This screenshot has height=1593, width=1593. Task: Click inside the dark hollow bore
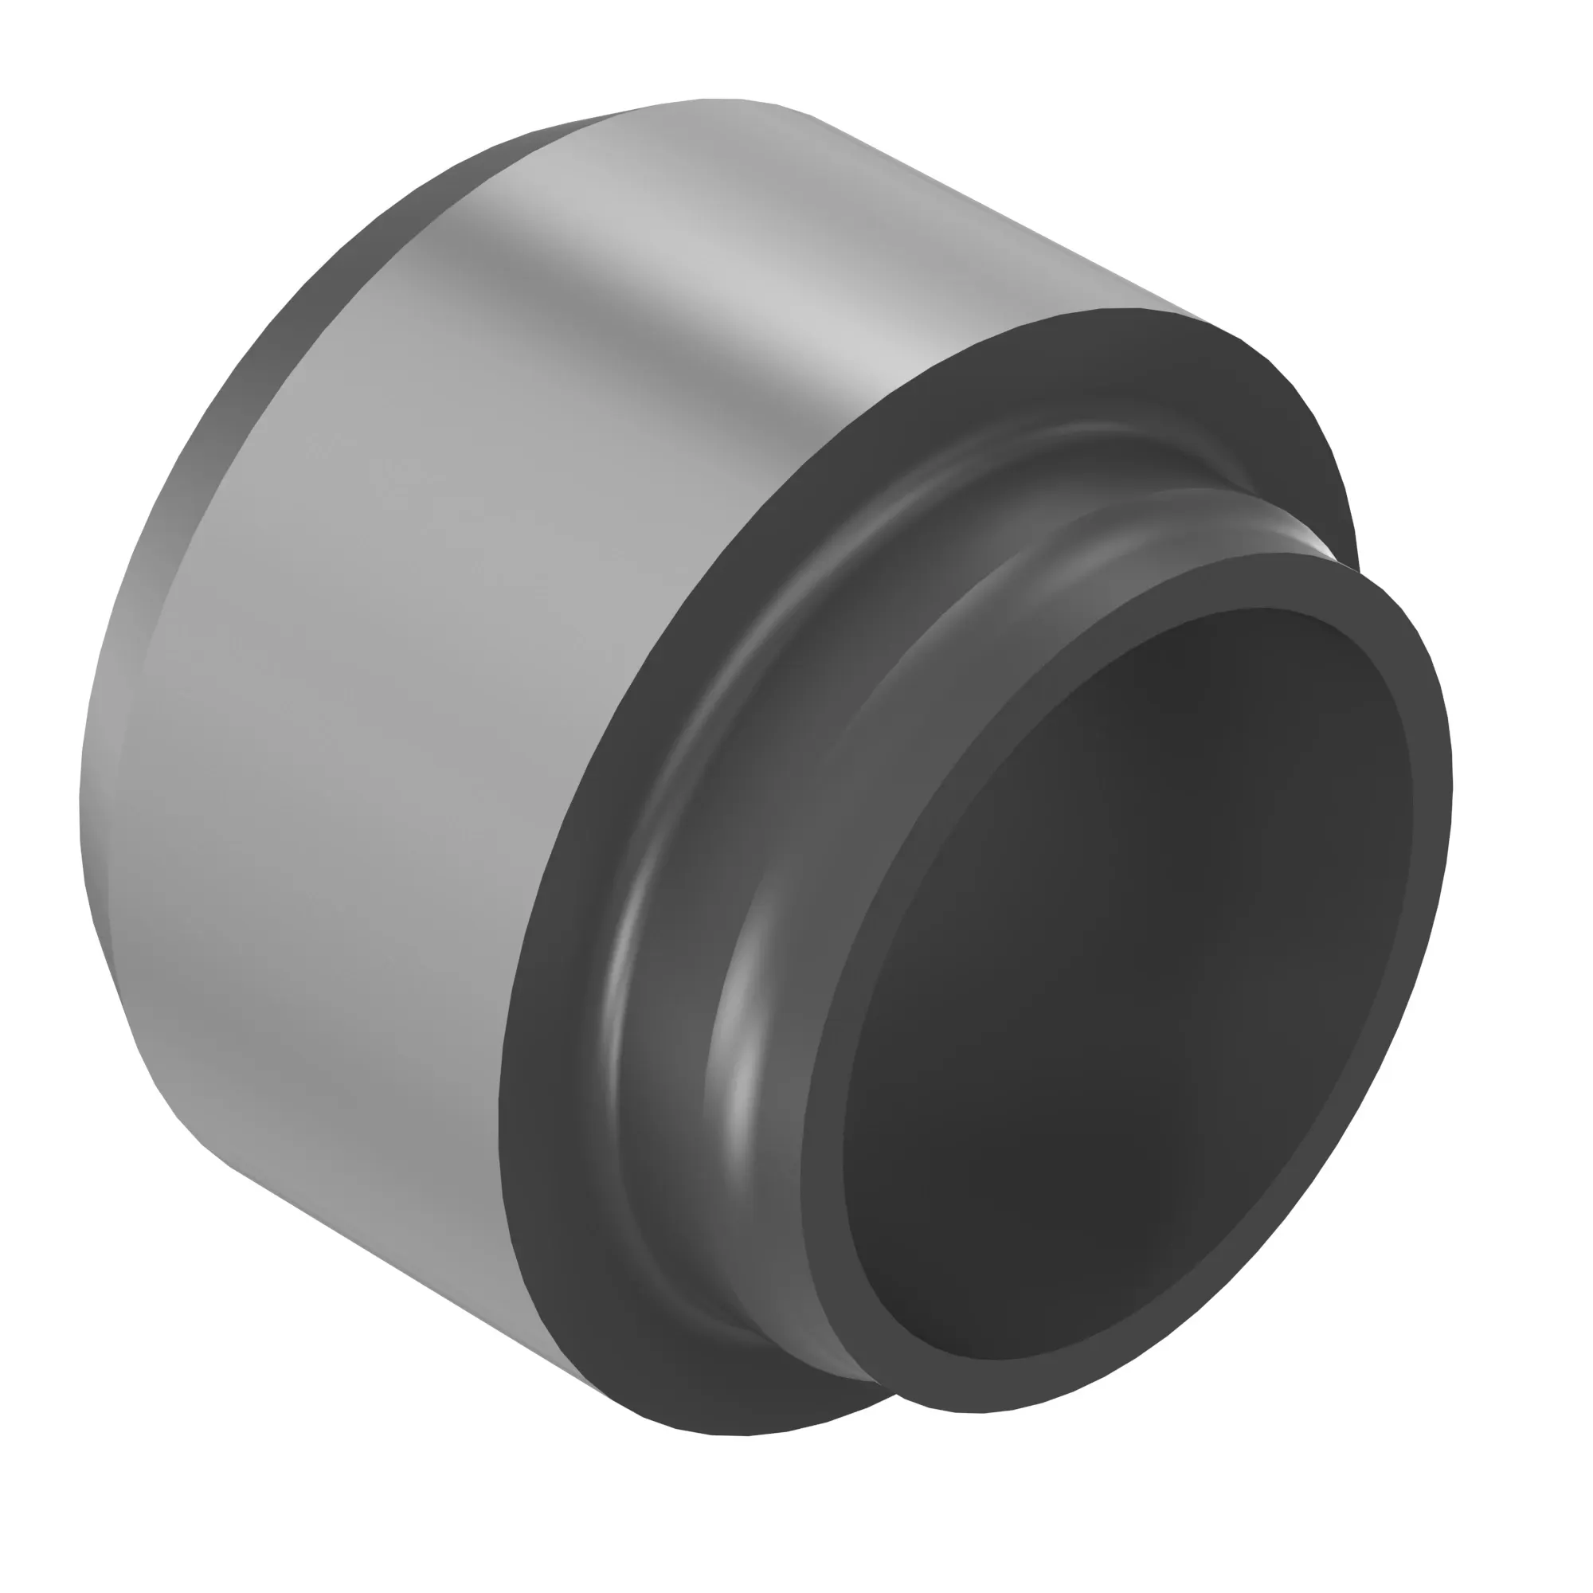pyautogui.click(x=1129, y=989)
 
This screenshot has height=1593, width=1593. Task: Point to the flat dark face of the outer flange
pyautogui.click(x=544, y=1072)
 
